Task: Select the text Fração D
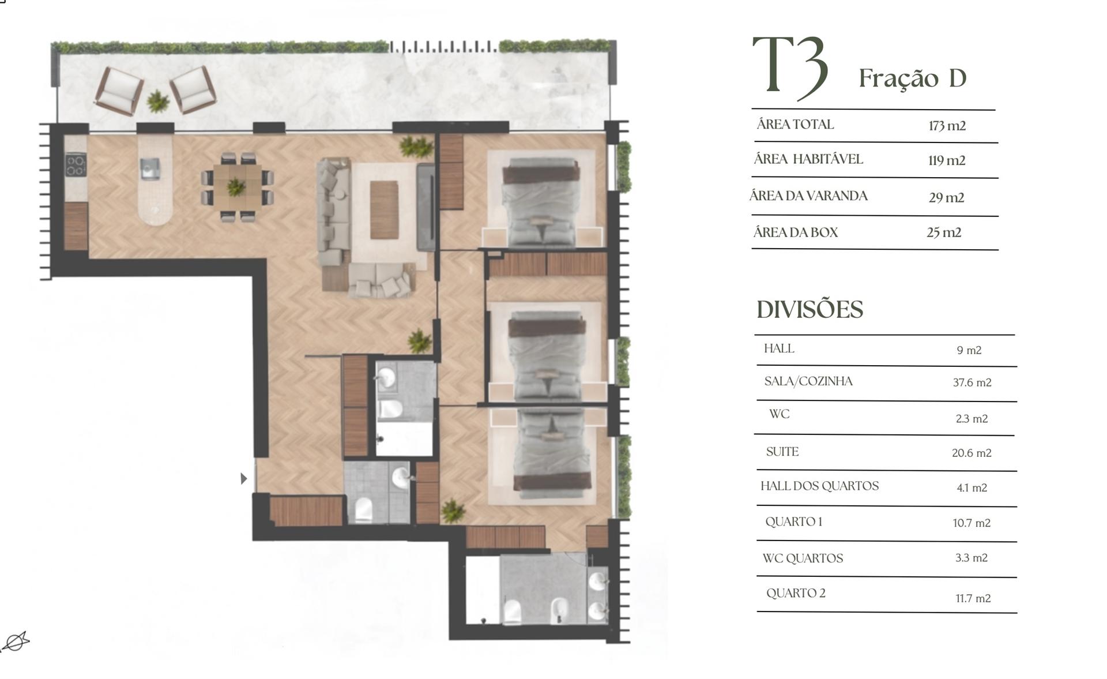[912, 78]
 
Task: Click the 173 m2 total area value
[947, 126]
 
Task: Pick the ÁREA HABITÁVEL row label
[808, 159]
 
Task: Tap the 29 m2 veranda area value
[946, 198]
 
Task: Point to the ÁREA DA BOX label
[796, 232]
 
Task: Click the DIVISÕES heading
[809, 310]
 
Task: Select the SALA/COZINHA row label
[808, 381]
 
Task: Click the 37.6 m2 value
[972, 382]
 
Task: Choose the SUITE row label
[782, 452]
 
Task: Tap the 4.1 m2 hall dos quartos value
[972, 488]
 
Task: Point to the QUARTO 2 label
[796, 593]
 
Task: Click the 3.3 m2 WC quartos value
[972, 558]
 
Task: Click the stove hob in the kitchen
[76, 165]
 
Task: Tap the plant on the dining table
[236, 186]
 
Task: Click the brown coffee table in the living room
[384, 209]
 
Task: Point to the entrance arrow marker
[244, 478]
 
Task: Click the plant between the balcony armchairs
[157, 102]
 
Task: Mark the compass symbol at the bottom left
[15, 642]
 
